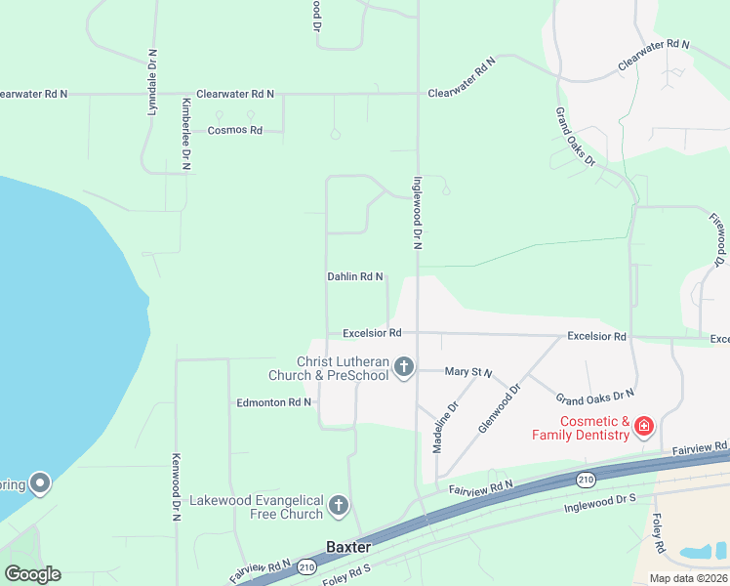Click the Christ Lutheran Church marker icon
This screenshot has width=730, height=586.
point(404,367)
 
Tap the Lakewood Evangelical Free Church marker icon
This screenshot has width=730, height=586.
point(338,506)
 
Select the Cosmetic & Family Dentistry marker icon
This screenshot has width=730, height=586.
point(643,427)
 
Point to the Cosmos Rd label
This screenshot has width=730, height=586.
point(235,130)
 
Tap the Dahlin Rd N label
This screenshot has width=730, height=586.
point(354,277)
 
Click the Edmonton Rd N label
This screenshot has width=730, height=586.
point(273,402)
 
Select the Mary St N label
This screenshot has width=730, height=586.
point(468,372)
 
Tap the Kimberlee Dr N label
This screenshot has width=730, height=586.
point(185,135)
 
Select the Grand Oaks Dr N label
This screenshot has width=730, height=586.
point(594,396)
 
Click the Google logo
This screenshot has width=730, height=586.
point(31,573)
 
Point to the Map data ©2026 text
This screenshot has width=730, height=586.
point(688,578)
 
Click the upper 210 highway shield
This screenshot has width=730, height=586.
point(586,479)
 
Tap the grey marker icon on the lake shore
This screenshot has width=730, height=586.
point(40,482)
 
